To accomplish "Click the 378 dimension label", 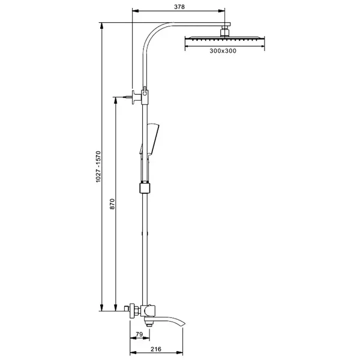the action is click(x=179, y=7).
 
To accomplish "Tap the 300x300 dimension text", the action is click(x=223, y=51).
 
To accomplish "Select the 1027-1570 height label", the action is click(x=98, y=167).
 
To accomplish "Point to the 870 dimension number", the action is click(x=112, y=204).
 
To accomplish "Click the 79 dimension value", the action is click(x=139, y=334).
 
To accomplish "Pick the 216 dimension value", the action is click(x=156, y=349).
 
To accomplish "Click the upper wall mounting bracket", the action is click(x=137, y=97).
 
